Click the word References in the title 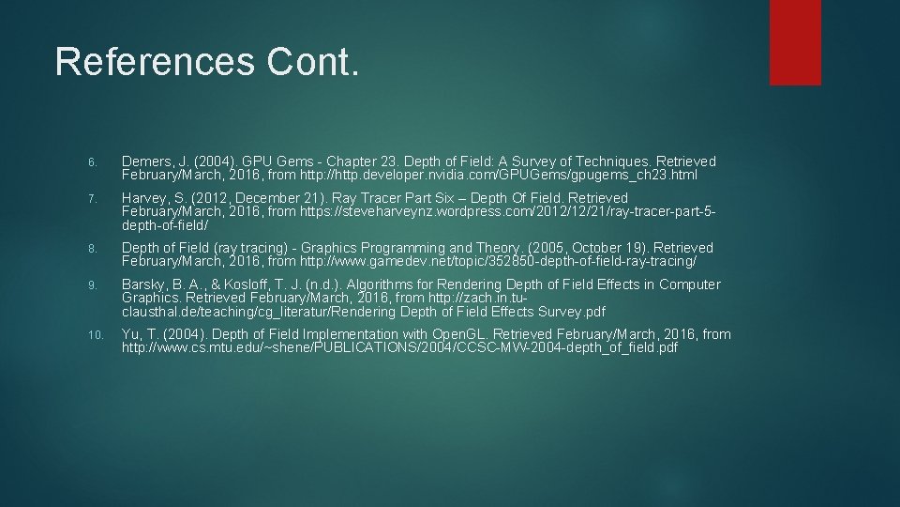tap(154, 62)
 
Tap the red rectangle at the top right tap(795, 42)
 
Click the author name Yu tap(132, 334)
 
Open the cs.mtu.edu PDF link tap(399, 348)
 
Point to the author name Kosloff tap(242, 284)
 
